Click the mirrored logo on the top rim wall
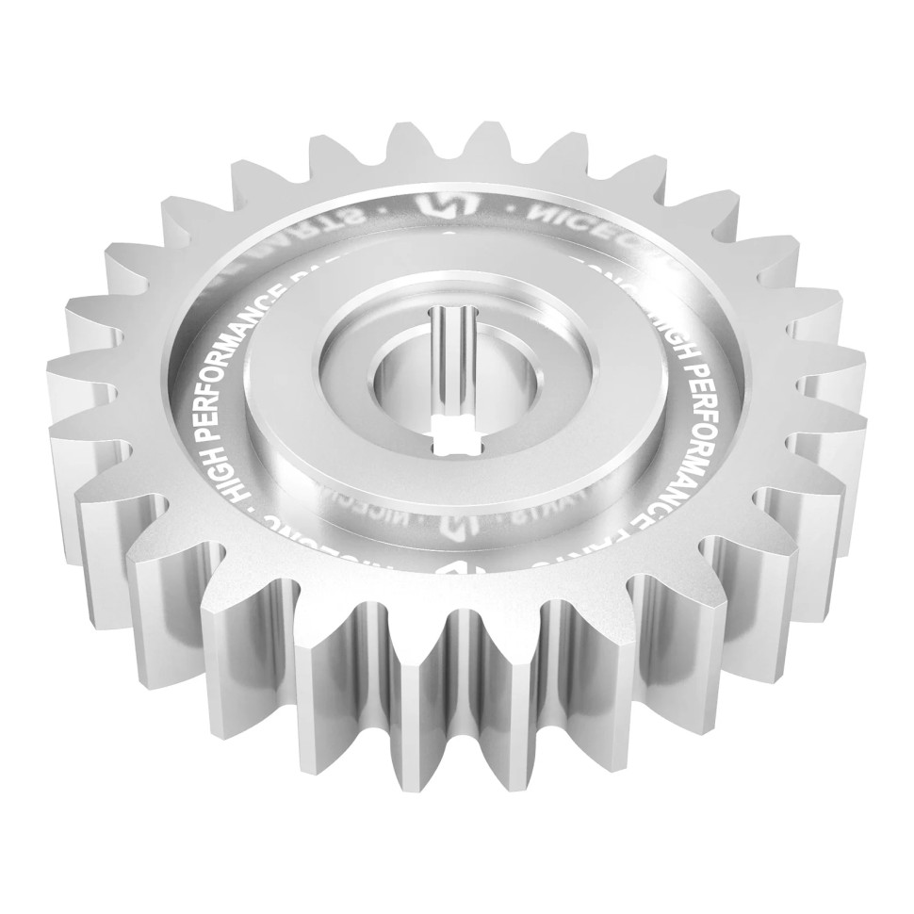(x=439, y=206)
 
